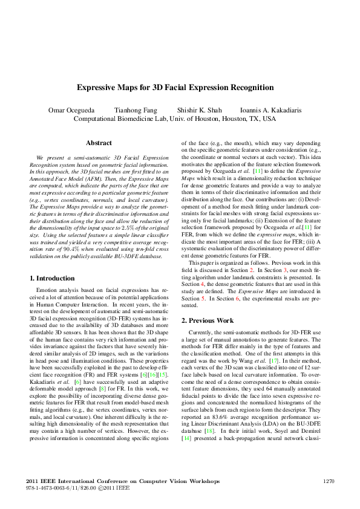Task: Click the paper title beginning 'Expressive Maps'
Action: (x=175, y=88)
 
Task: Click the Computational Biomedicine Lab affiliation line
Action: (x=174, y=119)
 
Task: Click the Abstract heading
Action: (x=99, y=143)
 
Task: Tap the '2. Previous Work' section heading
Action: (x=209, y=320)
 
